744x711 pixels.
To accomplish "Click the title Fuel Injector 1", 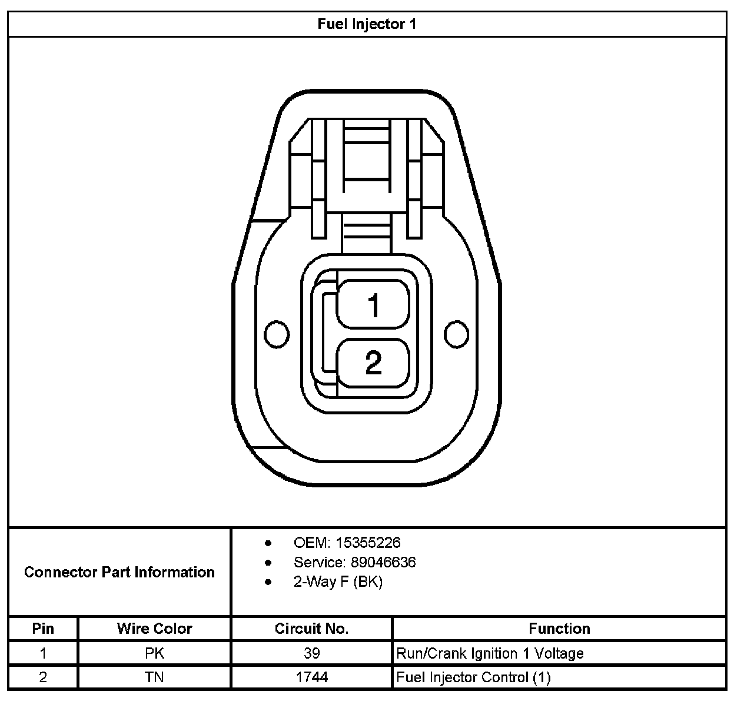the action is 367,24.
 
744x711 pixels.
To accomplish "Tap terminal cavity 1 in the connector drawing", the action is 373,304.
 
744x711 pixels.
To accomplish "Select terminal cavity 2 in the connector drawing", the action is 373,363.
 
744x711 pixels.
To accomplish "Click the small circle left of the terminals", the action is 277,334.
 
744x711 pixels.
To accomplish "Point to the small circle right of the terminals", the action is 456,334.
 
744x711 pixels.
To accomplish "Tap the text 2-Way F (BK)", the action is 338,582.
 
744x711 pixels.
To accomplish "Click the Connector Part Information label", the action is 119,572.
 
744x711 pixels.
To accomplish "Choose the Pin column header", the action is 43,629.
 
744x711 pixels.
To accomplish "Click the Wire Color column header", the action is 154,629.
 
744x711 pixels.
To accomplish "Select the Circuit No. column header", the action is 311,629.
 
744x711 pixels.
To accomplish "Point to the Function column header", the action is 559,629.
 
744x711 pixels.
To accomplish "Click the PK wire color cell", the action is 154,653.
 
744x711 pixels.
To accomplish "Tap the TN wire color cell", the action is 154,677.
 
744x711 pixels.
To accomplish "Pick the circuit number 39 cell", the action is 311,653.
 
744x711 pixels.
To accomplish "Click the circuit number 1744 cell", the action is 311,677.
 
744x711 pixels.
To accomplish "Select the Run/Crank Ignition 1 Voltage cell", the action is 490,653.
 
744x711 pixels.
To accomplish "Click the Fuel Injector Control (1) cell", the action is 473,677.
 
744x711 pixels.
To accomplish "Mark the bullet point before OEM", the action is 268,543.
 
